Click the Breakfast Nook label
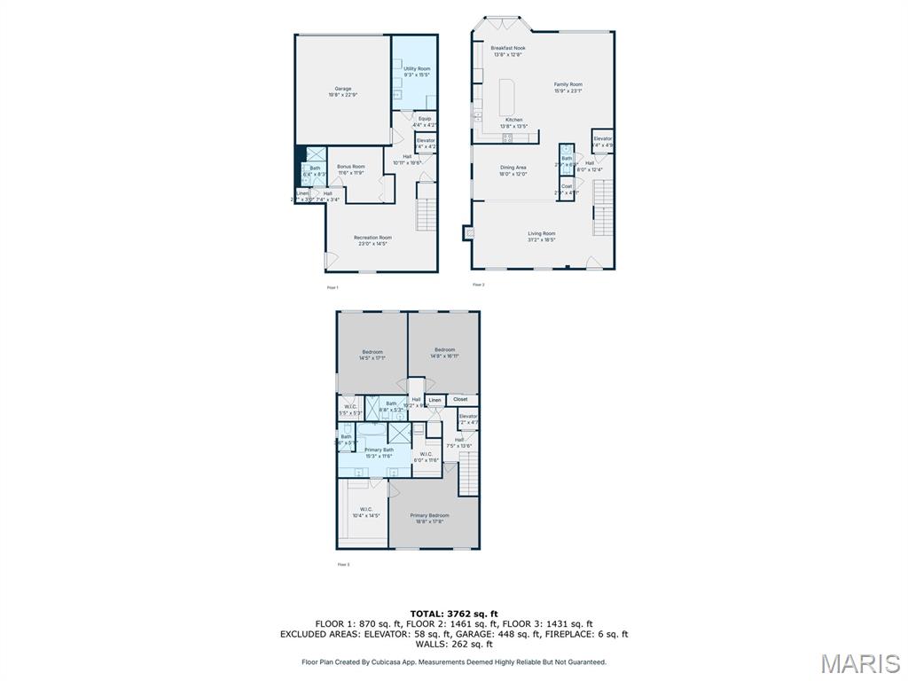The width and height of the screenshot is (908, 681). [508, 51]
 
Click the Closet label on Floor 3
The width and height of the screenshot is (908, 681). [460, 399]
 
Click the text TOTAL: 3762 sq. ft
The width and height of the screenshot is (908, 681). [454, 614]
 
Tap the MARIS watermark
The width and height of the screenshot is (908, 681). [860, 664]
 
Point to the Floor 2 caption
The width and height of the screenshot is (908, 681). [478, 285]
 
